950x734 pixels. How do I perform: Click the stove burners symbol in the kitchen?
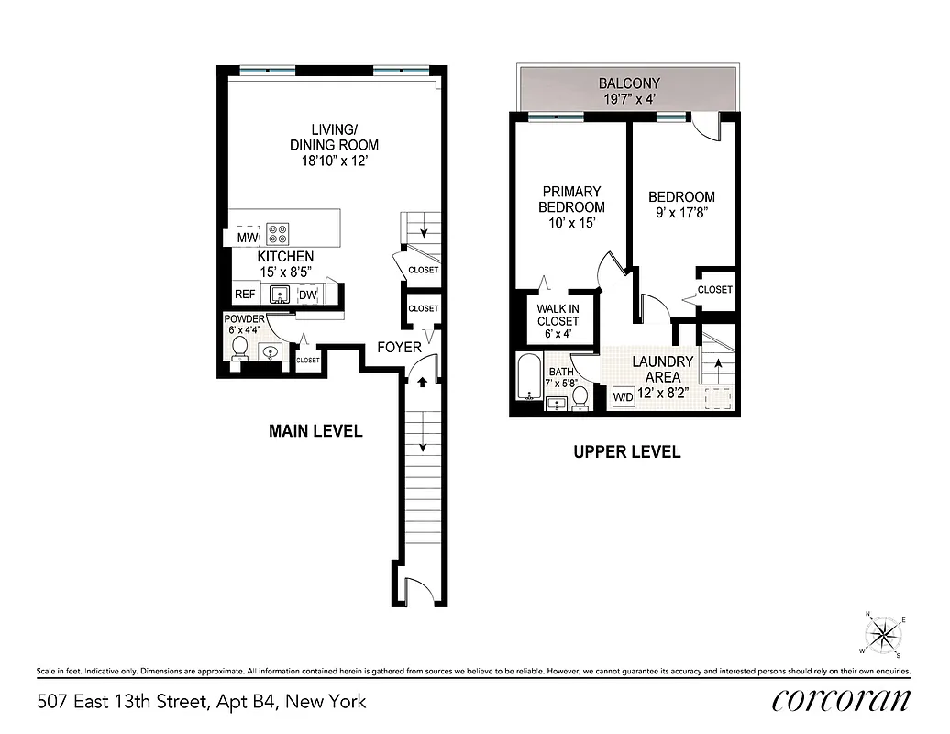[277, 233]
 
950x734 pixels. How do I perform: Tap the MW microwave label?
[247, 239]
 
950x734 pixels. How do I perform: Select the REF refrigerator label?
[245, 295]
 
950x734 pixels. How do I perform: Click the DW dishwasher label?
[307, 295]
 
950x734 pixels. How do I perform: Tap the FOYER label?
[399, 348]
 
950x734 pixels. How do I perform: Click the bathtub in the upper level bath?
[529, 377]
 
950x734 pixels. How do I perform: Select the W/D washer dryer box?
[623, 397]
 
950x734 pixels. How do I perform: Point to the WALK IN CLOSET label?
[558, 316]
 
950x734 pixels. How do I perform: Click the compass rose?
[884, 633]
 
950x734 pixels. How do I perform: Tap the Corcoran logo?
[841, 700]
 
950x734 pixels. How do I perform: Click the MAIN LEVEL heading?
[315, 430]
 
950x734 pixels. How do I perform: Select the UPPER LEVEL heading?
[626, 451]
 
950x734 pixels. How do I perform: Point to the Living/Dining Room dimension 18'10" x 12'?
[334, 161]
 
